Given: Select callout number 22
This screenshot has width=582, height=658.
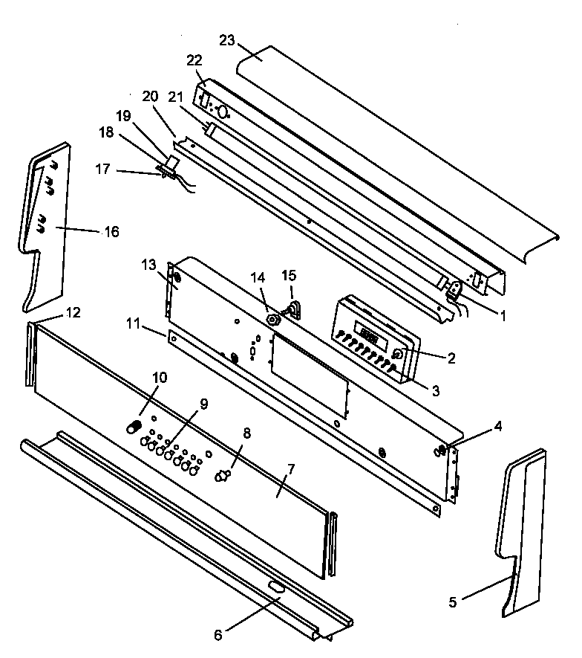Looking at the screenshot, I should tap(194, 60).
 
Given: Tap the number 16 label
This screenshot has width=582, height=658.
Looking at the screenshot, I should tap(110, 232).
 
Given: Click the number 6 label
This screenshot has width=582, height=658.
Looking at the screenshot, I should tap(218, 635).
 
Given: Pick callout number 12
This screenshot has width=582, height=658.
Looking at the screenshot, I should tap(72, 312).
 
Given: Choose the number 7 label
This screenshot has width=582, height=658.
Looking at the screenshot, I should tap(290, 469).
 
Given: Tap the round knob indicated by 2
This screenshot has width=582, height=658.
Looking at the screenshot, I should tap(399, 355).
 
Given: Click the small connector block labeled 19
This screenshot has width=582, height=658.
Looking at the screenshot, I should tap(171, 161).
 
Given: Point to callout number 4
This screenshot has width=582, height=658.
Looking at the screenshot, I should tap(498, 427).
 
